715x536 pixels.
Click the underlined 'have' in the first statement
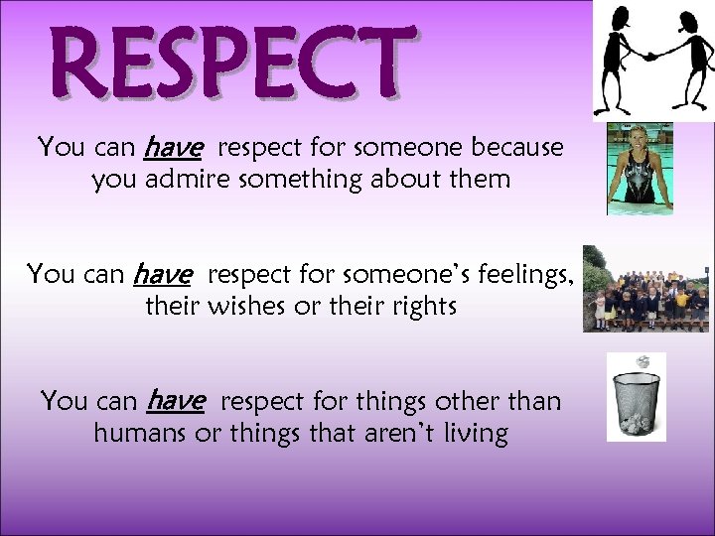tap(173, 148)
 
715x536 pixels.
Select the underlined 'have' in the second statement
tap(160, 273)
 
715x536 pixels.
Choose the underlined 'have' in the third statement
tap(176, 401)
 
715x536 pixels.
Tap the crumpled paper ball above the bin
tap(643, 361)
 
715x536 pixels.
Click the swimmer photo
tap(641, 169)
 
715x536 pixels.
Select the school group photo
tap(644, 289)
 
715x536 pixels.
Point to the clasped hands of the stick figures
tap(650, 56)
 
